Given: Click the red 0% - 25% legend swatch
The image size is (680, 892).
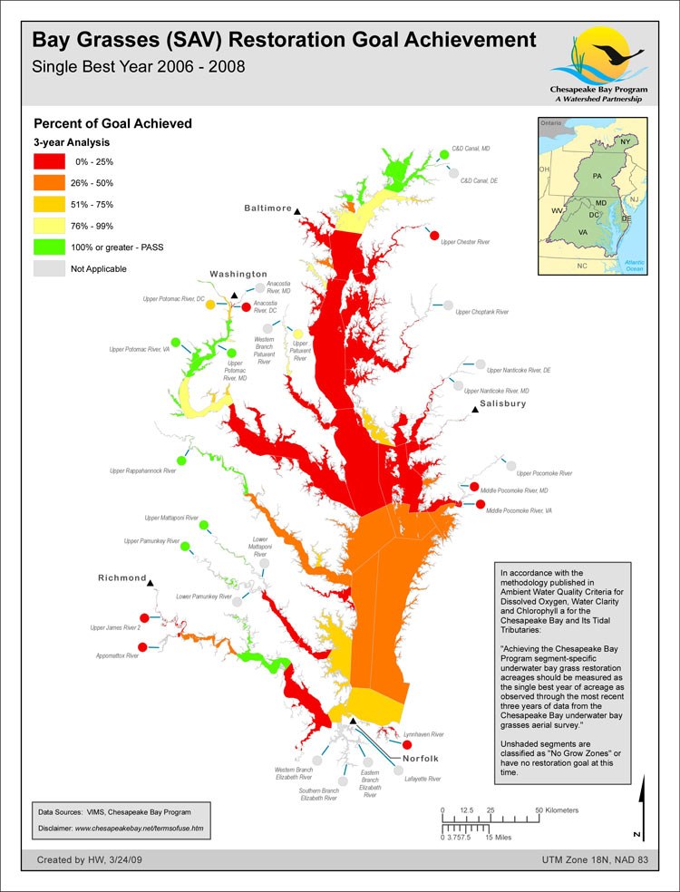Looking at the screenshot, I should pos(49,161).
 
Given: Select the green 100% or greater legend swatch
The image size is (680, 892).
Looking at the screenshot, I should pos(49,247).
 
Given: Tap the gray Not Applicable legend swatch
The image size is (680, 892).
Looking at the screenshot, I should pos(49,268).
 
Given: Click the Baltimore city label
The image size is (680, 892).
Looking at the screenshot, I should pos(267,208).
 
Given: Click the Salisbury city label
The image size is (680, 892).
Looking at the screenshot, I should pos(502,403).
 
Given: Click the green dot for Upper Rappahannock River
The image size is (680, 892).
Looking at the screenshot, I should pos(181,461).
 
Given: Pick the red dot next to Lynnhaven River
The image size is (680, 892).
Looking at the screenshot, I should pos(394,744).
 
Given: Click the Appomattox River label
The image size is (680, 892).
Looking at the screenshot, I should pos(120,654).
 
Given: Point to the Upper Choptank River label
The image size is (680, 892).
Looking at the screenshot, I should pos(482,312).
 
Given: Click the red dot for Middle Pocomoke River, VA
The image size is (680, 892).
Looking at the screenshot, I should pos(481,504).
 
